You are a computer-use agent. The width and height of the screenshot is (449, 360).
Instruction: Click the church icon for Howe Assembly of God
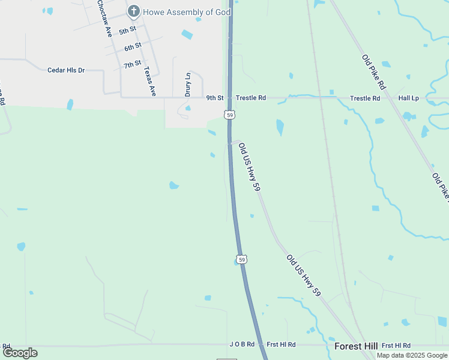coord(133,11)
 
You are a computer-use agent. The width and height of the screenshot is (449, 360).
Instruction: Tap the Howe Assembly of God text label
coord(187,12)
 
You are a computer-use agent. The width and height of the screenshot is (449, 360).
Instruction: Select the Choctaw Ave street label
coord(104,19)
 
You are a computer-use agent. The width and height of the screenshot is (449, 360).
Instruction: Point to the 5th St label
coord(127,31)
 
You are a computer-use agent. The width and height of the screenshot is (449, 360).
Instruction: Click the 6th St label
coord(133,47)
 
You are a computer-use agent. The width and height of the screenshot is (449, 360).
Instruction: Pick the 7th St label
coord(133,64)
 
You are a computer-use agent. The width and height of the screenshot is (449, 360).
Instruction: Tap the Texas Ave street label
coord(149,82)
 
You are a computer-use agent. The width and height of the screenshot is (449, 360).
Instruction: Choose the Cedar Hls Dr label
coord(66,70)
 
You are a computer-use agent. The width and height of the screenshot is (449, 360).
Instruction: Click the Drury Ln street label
coord(188,85)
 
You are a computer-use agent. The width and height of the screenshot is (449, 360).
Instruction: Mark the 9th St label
coord(215,98)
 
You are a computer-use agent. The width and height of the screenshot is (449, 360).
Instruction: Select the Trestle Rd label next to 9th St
coord(250,98)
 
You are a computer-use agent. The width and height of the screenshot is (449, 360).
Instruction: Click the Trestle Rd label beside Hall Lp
coord(365,98)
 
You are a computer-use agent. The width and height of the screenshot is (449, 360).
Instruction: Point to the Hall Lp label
coord(408,98)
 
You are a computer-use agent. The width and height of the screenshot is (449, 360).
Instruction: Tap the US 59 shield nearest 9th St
coord(230,114)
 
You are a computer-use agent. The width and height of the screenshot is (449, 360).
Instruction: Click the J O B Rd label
coord(242,344)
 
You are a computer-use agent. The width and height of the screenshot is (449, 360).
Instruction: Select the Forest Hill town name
coord(356,346)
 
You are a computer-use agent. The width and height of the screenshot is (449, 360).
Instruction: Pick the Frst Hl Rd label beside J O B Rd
coord(282,344)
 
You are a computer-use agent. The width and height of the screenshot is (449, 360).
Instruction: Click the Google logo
coord(20,352)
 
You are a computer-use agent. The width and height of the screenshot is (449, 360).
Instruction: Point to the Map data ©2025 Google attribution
coord(412,355)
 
